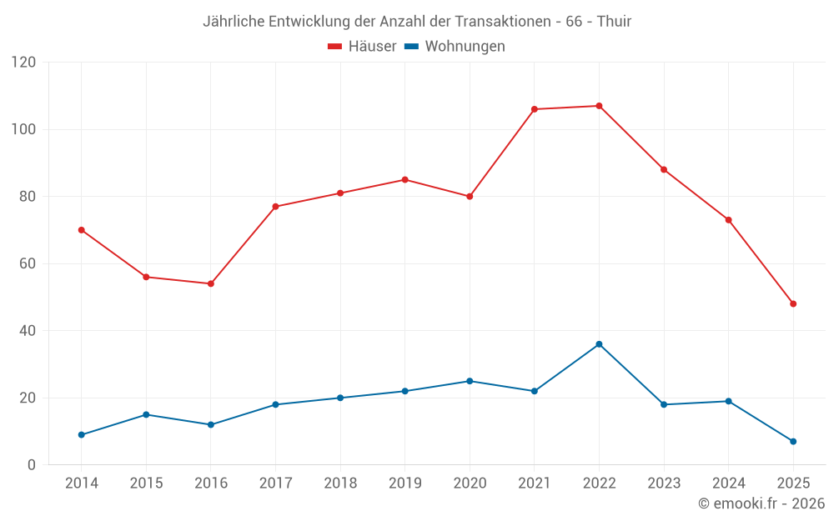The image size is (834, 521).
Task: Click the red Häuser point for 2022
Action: click(x=599, y=106)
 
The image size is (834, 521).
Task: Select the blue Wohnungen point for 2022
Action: click(x=599, y=344)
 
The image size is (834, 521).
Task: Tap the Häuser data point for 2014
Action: click(x=81, y=230)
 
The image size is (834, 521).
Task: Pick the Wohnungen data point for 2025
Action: click(x=793, y=441)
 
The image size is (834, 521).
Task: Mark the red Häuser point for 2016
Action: click(x=211, y=283)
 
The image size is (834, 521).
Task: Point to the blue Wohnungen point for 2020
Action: click(x=470, y=381)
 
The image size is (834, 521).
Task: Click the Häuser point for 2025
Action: click(x=793, y=303)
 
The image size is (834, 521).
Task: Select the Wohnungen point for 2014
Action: click(x=81, y=434)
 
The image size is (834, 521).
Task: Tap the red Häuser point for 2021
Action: click(x=535, y=109)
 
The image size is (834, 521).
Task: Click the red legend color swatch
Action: click(x=335, y=47)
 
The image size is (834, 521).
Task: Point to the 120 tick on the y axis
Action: click(x=24, y=63)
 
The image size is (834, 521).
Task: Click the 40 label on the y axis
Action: click(x=28, y=331)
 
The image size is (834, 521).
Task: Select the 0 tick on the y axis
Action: click(x=33, y=465)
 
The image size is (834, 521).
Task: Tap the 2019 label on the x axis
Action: click(x=404, y=483)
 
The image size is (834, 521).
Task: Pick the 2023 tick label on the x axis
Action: click(x=664, y=483)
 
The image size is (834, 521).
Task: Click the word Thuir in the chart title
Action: click(x=614, y=21)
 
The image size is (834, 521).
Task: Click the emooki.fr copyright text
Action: click(x=761, y=503)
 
